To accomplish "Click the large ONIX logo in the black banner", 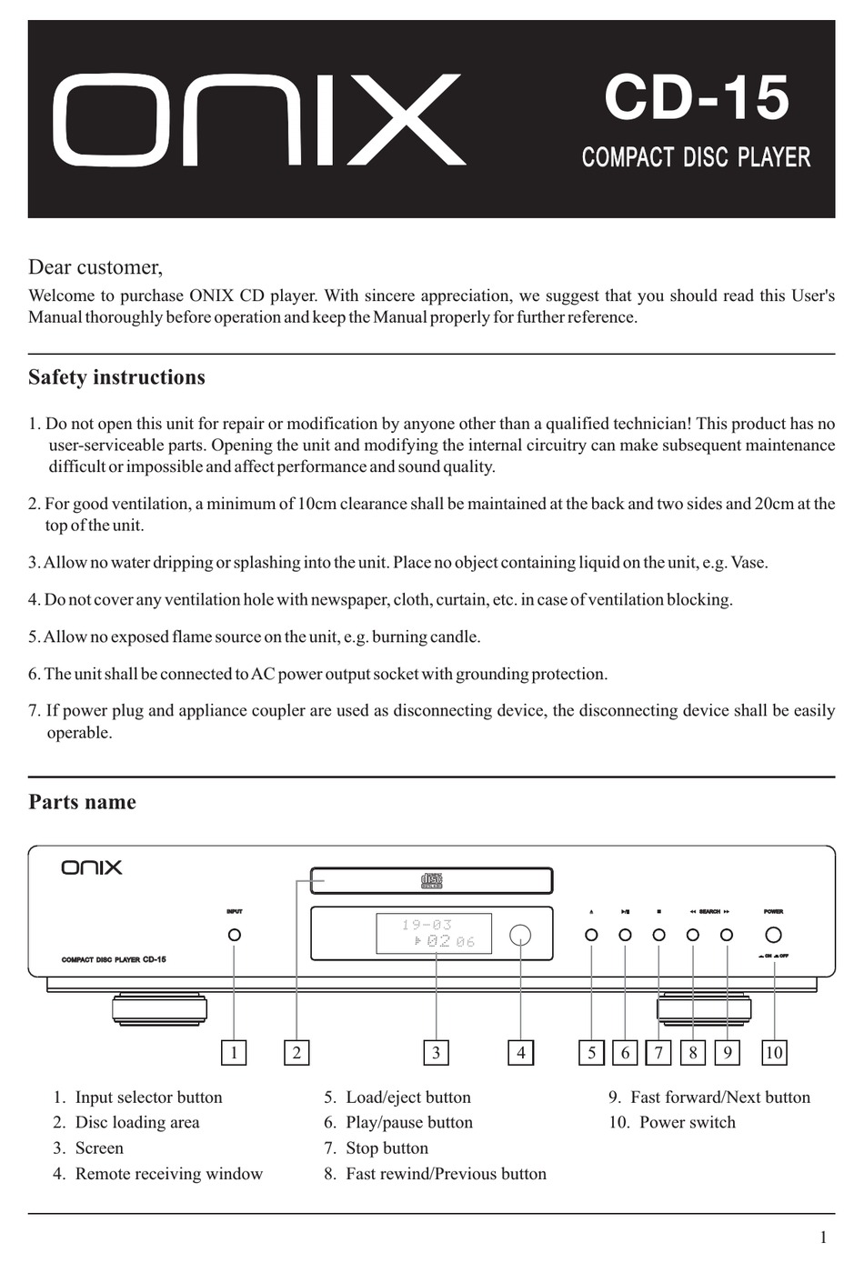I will [259, 120].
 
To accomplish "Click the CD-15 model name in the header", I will [697, 98].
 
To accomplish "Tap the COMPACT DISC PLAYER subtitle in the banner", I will [696, 157].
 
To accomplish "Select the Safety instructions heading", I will [116, 377].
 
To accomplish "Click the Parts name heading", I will [82, 802].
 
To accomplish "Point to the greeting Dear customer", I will [95, 267].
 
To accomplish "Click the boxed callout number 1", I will [234, 1053].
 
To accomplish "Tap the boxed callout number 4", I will [520, 1053].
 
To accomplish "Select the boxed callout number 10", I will [773, 1053].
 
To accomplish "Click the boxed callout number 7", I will [658, 1053].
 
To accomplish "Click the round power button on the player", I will [773, 935].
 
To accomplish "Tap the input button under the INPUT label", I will [235, 935].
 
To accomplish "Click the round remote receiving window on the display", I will [520, 935].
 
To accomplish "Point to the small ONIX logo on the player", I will [92, 868].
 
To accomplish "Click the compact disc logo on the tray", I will [431, 880].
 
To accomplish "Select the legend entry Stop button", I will [387, 1148].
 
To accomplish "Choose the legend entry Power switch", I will [687, 1123].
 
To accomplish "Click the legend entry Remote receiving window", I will [168, 1174].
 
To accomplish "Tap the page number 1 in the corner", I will [823, 1238].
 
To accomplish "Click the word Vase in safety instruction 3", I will [748, 563].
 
